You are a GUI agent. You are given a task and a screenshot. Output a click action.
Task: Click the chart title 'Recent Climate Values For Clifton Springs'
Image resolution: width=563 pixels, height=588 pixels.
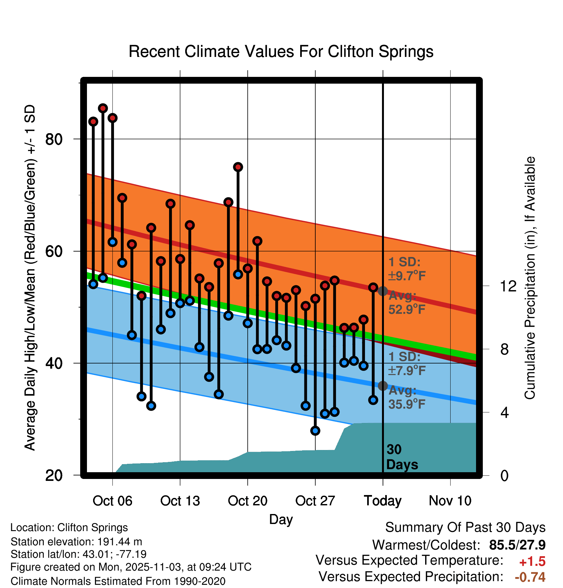pyautogui.click(x=281, y=51)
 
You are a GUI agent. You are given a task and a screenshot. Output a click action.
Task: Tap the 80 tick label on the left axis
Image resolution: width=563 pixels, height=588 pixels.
pyautogui.click(x=54, y=139)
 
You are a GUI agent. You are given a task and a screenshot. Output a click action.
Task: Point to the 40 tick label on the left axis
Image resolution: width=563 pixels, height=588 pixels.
pyautogui.click(x=54, y=363)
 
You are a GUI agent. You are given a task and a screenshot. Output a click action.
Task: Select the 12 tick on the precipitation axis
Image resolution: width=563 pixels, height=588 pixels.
pyautogui.click(x=508, y=286)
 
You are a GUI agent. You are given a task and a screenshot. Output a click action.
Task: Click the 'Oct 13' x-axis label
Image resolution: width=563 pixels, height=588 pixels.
pyautogui.click(x=180, y=501)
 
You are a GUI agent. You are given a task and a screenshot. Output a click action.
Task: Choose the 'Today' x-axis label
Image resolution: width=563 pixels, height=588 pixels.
pyautogui.click(x=383, y=501)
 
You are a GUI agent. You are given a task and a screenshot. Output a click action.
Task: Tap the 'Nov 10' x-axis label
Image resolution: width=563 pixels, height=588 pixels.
pyautogui.click(x=450, y=501)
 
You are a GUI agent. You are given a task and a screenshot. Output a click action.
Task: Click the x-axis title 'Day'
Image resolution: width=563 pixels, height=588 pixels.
pyautogui.click(x=281, y=519)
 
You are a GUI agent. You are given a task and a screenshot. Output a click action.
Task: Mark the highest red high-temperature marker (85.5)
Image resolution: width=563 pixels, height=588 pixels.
pyautogui.click(x=103, y=108)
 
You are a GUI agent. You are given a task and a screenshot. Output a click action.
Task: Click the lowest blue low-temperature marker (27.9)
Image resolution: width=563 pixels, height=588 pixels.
pyautogui.click(x=315, y=431)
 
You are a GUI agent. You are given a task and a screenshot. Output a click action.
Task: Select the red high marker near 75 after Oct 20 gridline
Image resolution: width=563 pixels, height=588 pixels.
pyautogui.click(x=238, y=167)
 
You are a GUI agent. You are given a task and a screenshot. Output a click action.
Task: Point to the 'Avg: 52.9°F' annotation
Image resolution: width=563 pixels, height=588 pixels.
pyautogui.click(x=406, y=302)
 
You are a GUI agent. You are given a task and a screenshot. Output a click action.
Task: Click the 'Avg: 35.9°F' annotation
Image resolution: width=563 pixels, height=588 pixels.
pyautogui.click(x=406, y=397)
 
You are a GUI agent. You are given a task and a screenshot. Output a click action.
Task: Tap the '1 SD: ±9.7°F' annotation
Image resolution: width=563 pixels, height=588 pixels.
pyautogui.click(x=406, y=269)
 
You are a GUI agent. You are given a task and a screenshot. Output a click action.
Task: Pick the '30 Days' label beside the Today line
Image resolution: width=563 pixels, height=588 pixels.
pyautogui.click(x=402, y=457)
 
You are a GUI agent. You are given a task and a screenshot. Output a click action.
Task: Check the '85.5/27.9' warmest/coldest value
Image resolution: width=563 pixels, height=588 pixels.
pyautogui.click(x=517, y=545)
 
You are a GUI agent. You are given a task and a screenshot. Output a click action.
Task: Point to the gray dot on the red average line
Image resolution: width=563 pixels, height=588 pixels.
pyautogui.click(x=383, y=291)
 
